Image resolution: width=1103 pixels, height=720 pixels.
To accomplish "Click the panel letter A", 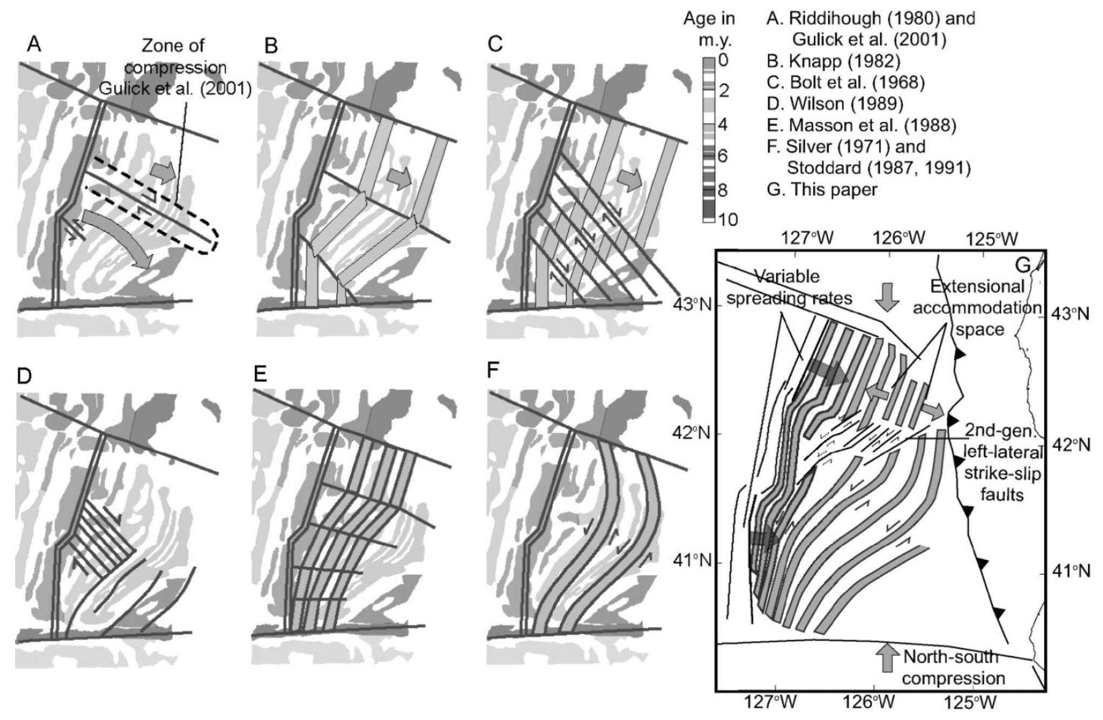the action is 34,45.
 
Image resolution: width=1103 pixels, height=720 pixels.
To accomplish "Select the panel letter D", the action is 26,376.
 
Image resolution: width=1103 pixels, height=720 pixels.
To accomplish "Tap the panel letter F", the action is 493,372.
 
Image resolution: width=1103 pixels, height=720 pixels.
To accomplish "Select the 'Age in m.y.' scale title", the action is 709,29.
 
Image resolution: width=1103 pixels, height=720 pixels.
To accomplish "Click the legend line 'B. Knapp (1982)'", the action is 833,62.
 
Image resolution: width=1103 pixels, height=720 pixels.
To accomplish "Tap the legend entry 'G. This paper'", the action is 822,189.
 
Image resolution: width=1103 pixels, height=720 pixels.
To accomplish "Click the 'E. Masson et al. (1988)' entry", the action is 861,125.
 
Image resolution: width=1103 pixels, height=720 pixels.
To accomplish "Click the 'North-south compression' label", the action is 953,667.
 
